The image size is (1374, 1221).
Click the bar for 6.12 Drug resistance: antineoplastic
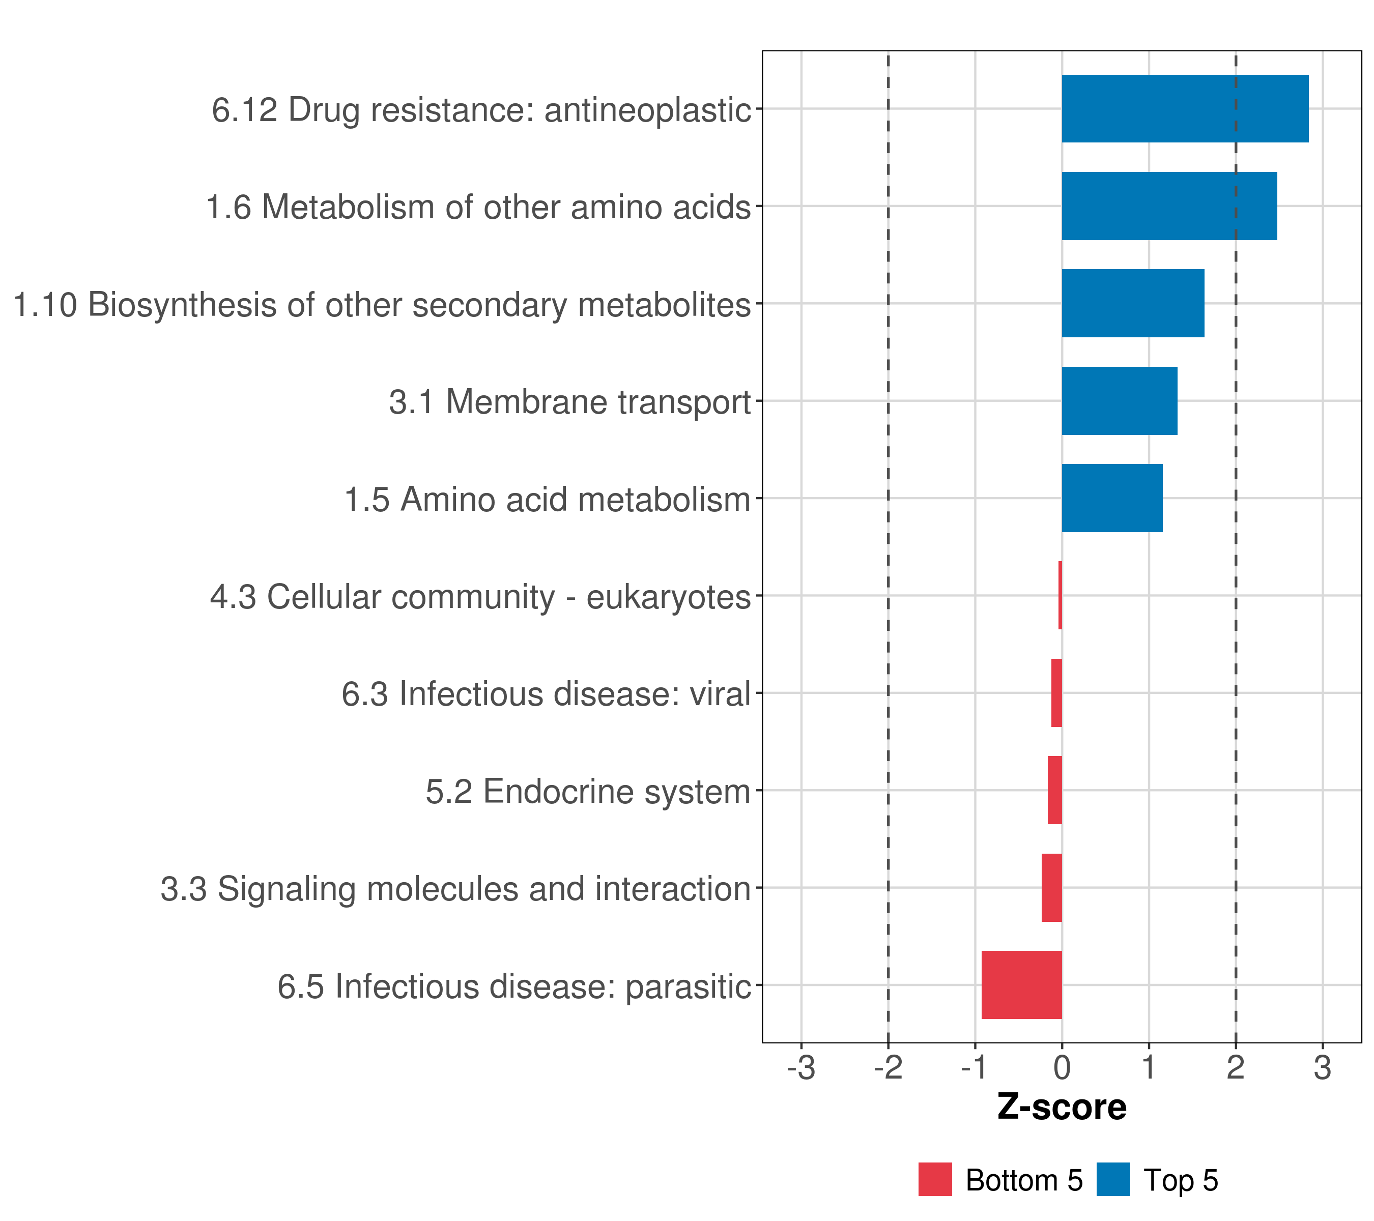pos(1185,109)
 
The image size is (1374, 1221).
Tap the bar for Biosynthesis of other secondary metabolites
pos(1133,303)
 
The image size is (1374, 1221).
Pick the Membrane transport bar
pos(1120,400)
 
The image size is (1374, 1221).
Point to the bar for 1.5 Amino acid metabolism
pos(1112,498)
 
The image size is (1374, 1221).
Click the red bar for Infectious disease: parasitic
pos(1022,985)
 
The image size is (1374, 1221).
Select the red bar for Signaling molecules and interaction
pos(1052,888)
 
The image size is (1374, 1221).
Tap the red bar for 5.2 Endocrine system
pos(1055,790)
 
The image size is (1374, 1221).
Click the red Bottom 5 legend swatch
pos(935,1179)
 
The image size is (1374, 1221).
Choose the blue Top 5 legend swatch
pos(1113,1179)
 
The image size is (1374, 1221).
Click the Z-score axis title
pos(1062,1107)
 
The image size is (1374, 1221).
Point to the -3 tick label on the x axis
pos(801,1068)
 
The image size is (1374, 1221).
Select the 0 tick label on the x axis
pos(1062,1068)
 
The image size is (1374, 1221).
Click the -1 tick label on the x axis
pos(975,1068)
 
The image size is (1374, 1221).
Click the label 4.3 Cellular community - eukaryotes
pos(480,597)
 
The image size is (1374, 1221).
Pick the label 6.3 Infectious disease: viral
pos(546,693)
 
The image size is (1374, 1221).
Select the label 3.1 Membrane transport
pos(570,402)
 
